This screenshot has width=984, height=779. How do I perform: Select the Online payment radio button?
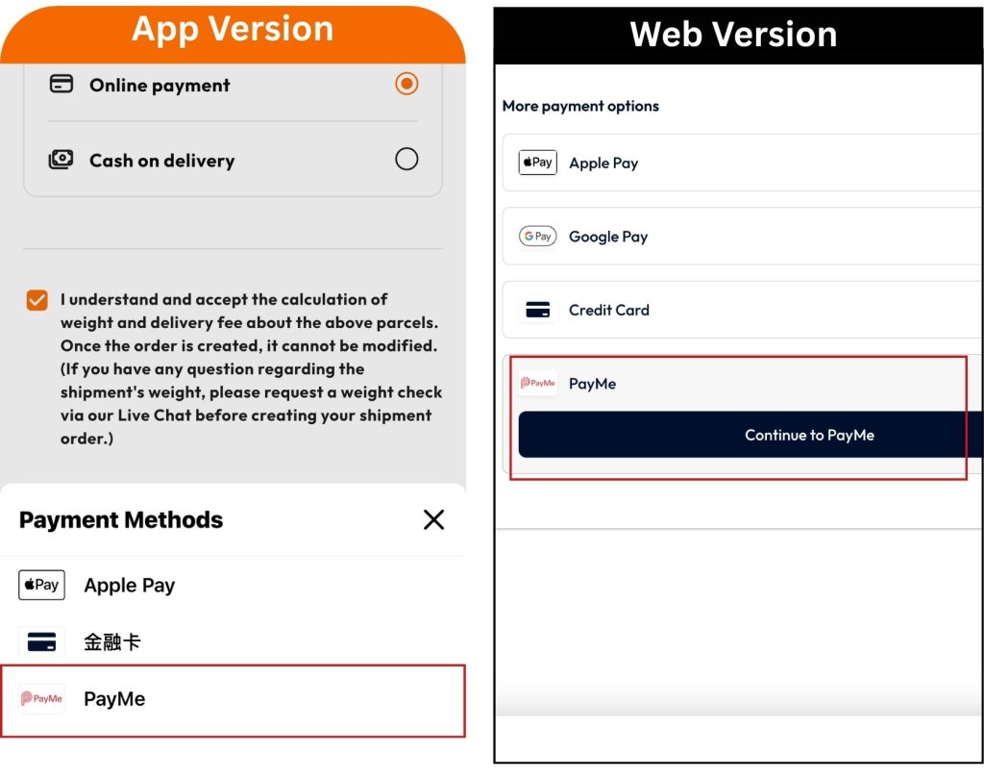(x=406, y=84)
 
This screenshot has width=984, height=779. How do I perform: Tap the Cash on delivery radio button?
(x=406, y=159)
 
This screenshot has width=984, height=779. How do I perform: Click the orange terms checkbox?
(x=37, y=300)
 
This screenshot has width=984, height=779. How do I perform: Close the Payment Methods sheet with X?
(x=433, y=519)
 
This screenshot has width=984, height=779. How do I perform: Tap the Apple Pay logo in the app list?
(x=41, y=585)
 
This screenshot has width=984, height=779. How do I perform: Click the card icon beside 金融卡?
(x=41, y=642)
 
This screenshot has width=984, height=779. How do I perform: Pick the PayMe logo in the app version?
(x=41, y=698)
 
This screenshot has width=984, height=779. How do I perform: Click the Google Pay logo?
(x=538, y=237)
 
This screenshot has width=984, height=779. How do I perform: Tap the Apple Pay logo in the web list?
(x=538, y=163)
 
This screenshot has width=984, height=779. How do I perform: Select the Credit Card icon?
(x=538, y=310)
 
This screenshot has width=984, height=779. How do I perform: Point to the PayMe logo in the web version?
(x=538, y=383)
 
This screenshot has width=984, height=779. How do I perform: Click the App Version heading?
(x=233, y=29)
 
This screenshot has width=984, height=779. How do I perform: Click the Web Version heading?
(x=733, y=34)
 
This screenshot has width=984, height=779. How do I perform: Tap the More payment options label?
(x=580, y=106)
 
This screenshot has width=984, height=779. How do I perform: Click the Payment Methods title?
(x=121, y=520)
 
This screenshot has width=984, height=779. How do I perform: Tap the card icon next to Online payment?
(x=61, y=84)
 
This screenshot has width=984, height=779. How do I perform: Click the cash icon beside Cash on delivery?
(x=61, y=159)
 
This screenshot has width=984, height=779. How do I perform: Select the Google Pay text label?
(x=608, y=237)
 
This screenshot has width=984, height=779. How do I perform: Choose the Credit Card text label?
(x=608, y=311)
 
